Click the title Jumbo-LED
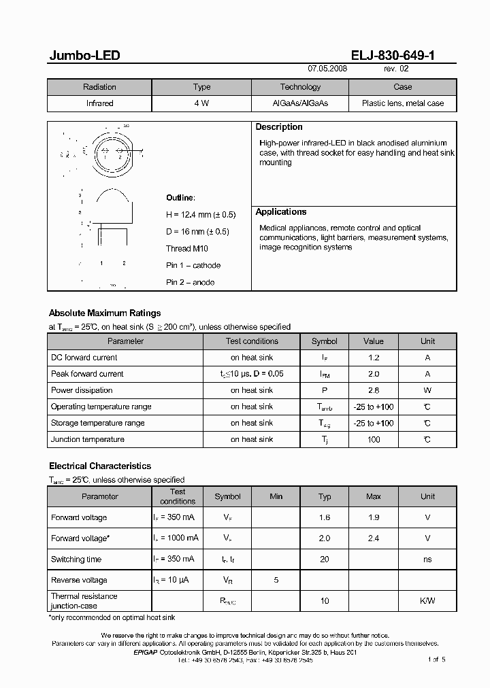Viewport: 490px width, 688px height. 84,56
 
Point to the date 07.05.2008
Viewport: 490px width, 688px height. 327,69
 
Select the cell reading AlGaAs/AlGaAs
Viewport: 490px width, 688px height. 300,103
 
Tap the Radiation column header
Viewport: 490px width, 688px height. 99,87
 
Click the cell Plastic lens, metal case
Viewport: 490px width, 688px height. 402,103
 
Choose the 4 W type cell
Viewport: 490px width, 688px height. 201,103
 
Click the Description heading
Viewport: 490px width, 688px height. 279,127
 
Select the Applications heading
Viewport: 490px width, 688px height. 281,212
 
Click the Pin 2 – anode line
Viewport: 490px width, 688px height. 190,282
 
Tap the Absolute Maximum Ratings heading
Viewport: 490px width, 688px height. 105,313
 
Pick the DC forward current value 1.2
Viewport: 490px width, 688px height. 373,358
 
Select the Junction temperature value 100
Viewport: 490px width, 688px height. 373,439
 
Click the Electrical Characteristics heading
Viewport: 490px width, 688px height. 100,466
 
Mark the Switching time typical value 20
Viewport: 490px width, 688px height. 325,560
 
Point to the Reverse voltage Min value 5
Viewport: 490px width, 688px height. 276,581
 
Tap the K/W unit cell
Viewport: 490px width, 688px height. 427,601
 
